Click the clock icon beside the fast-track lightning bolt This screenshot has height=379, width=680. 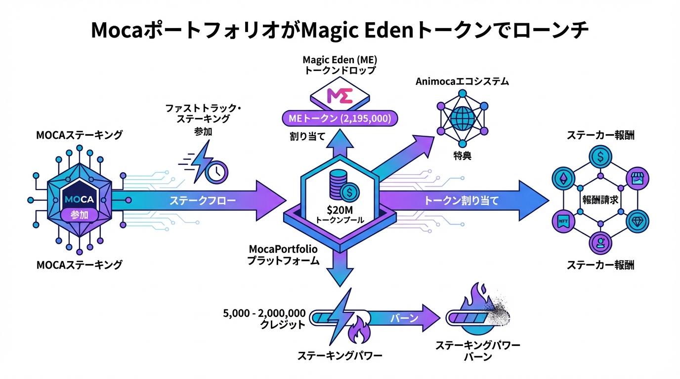(217, 171)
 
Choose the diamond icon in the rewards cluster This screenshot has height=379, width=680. (635, 222)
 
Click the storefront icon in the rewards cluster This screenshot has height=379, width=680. (635, 178)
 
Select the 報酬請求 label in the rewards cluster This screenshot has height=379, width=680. (599, 201)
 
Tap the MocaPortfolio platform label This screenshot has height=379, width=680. (284, 255)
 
